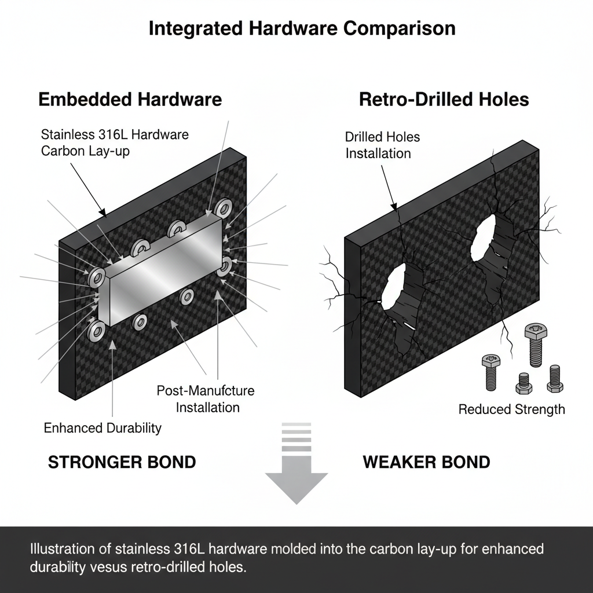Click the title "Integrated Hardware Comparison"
[302, 29]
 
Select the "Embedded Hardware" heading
[130, 100]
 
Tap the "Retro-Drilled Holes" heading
[444, 100]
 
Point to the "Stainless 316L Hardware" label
[115, 135]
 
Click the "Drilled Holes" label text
[382, 137]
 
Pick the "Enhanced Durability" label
[103, 429]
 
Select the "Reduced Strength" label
[511, 409]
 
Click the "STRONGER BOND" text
[122, 462]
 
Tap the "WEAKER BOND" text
[426, 462]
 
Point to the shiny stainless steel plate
[165, 271]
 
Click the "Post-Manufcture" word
[206, 390]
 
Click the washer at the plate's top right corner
[224, 208]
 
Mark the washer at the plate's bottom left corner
[96, 331]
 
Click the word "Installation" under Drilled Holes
[378, 153]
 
